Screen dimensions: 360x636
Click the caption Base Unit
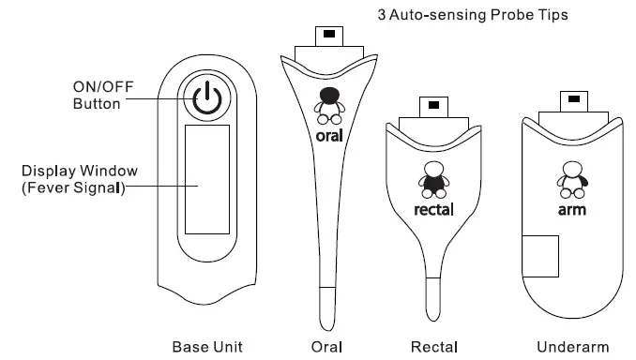coord(207,347)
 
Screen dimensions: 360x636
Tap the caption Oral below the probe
coord(327,347)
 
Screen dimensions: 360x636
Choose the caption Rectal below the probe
coord(434,347)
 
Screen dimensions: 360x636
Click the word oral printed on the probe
coord(328,135)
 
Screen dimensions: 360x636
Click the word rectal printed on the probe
coord(433,208)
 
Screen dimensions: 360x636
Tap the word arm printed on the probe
coord(572,208)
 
